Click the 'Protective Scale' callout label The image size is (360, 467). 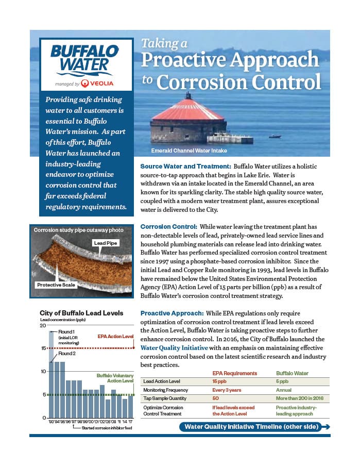coord(57,285)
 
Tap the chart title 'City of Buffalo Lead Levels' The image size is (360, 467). coord(81,313)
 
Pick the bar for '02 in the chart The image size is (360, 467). coord(102,401)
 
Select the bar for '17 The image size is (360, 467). coord(131,406)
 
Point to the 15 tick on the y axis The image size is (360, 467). coord(43,348)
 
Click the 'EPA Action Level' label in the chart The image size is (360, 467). coord(115,337)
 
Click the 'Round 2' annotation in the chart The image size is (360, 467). coord(67,354)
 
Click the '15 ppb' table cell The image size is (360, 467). coord(220,381)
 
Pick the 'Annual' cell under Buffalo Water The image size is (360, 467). coord(284,390)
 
